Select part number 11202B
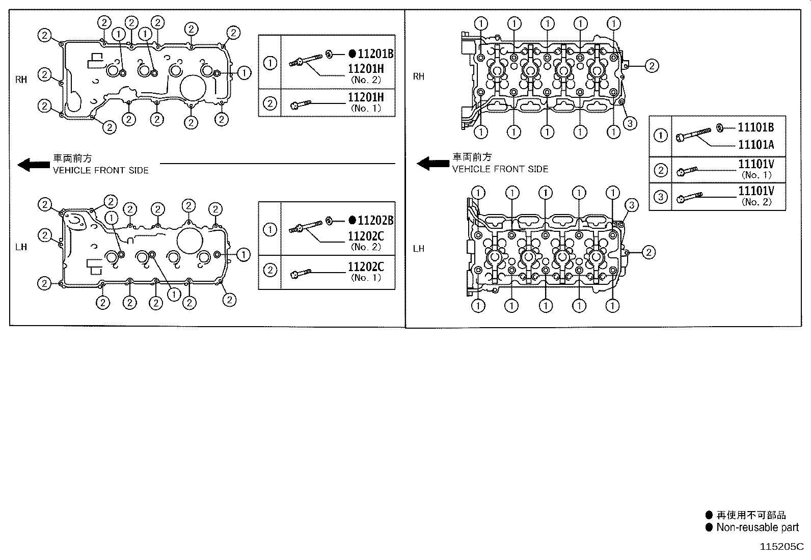pos(375,221)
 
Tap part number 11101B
pos(755,128)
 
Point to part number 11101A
pos(755,145)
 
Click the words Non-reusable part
pos(758,527)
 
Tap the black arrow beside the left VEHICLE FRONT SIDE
pos(34,165)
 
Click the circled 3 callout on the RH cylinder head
pos(630,123)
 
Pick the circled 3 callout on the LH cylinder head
pos(631,205)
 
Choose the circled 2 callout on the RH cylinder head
pos(652,65)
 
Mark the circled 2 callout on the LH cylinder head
pos(648,252)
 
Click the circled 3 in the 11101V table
pos(660,197)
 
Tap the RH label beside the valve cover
pos(21,79)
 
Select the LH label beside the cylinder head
pos(418,249)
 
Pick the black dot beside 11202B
pos(352,221)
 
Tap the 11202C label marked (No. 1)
pos(366,268)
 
